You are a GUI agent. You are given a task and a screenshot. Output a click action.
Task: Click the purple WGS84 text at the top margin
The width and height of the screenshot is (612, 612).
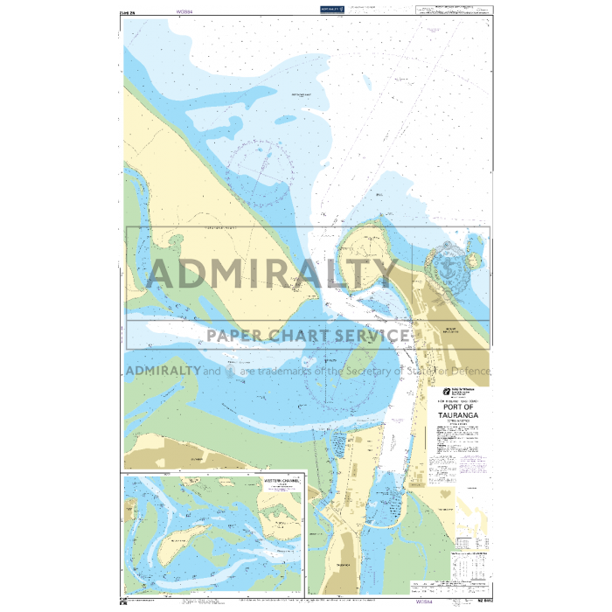pos(184,12)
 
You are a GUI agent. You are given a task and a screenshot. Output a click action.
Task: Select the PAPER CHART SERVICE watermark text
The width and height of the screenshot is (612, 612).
pos(307,335)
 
